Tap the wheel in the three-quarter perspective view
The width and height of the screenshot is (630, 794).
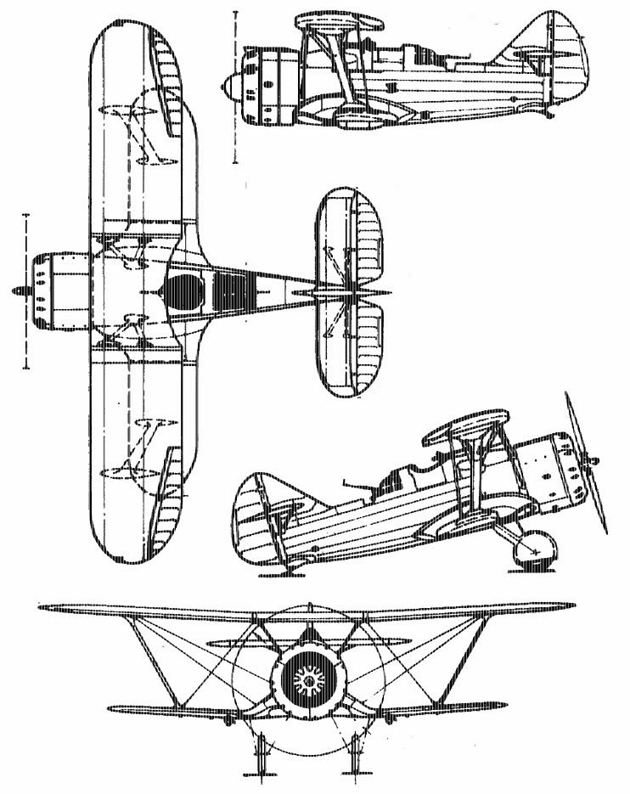click(537, 548)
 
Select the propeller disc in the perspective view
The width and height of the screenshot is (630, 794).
click(586, 463)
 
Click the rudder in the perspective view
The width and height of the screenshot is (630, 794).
click(255, 518)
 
